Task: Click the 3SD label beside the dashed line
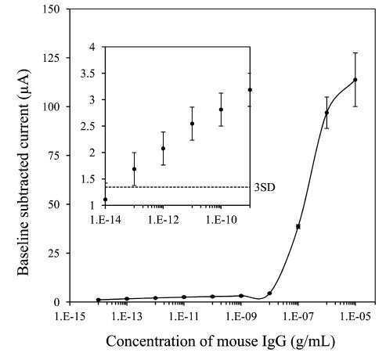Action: coord(265,187)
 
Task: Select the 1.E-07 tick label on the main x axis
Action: coord(298,317)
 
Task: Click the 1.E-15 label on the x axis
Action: coord(70,317)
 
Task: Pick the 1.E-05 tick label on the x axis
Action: coord(355,317)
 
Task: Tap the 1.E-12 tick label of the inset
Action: coord(164,220)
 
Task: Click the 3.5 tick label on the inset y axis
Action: coord(87,74)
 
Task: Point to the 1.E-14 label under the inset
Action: coord(106,220)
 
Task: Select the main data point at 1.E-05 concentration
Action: coord(355,80)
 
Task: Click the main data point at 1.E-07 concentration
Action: coord(298,226)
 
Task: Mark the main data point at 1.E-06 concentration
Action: coord(326,113)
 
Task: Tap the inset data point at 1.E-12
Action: coord(164,149)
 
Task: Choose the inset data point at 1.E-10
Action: coord(221,110)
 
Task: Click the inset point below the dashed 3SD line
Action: coord(106,200)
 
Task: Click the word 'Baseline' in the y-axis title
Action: coord(23,250)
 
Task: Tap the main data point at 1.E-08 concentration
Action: coord(269,293)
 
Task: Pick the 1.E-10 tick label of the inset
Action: coord(222,220)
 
